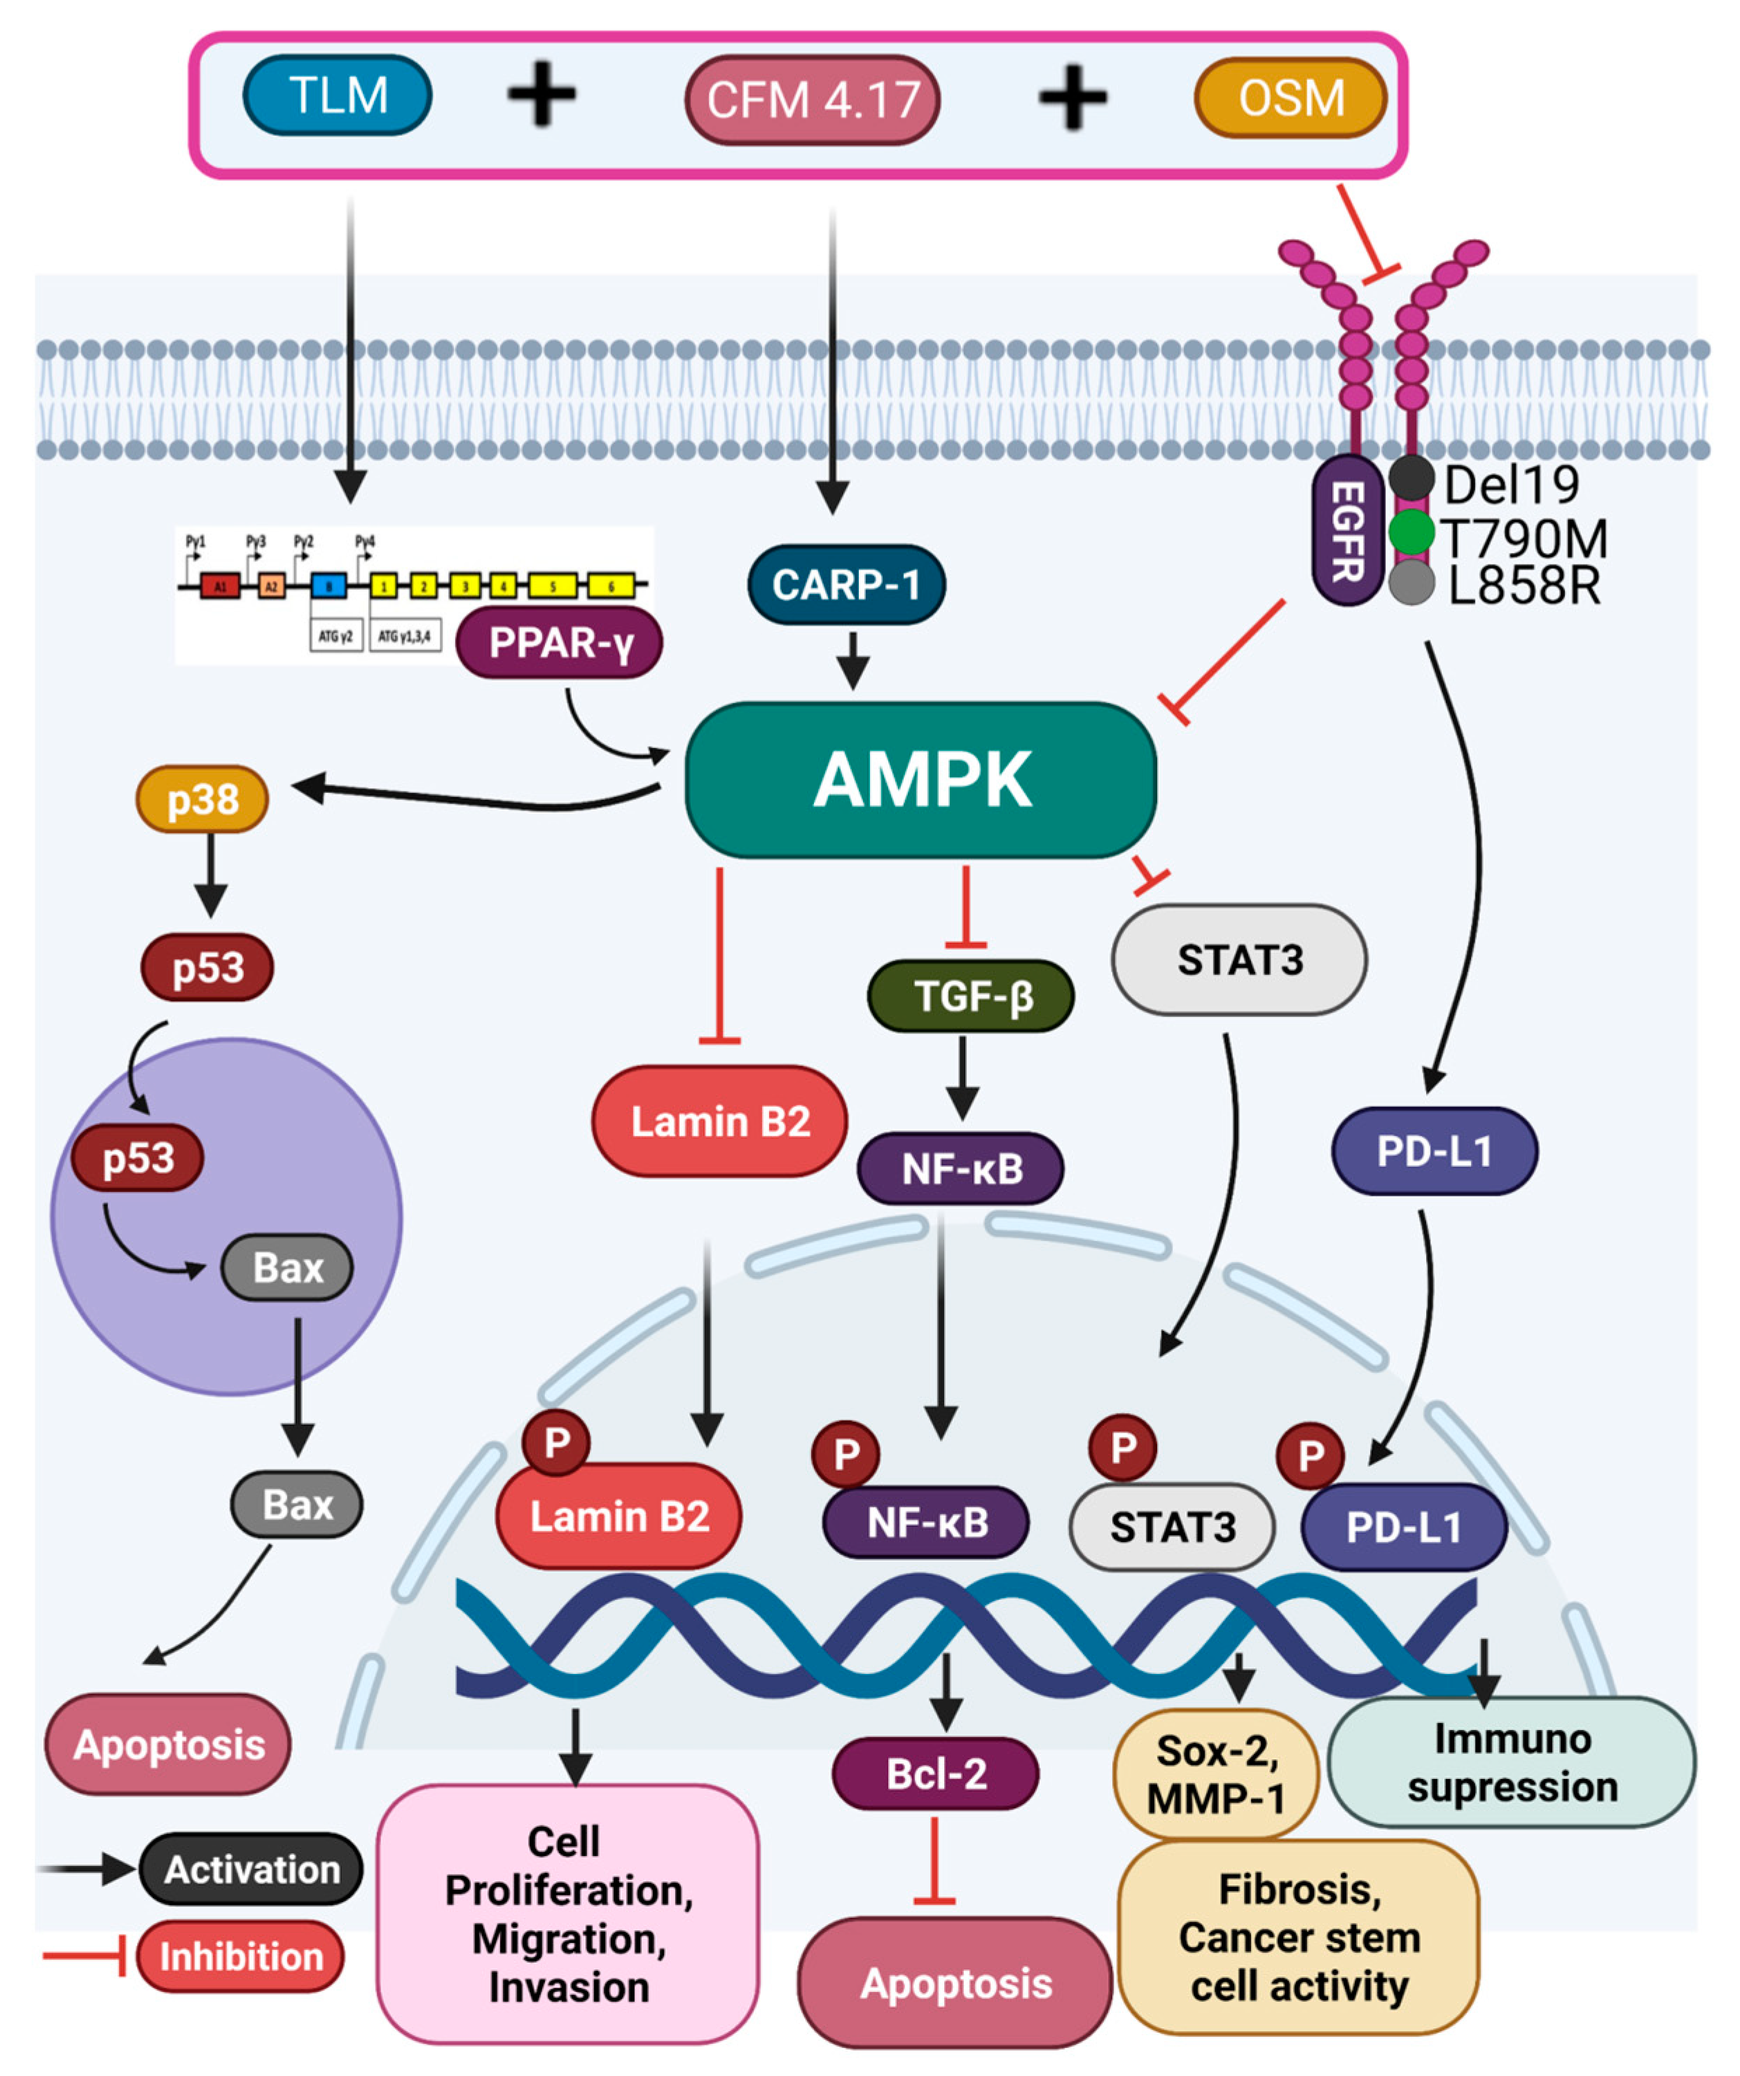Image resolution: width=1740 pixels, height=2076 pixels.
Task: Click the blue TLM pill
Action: [337, 96]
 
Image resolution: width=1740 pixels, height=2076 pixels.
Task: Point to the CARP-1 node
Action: [845, 584]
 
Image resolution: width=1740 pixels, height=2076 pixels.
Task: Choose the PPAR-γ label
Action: [560, 644]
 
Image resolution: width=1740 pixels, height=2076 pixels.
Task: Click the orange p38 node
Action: [202, 798]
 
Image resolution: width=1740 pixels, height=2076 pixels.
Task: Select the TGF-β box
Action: [971, 995]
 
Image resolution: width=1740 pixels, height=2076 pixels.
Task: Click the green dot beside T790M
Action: [1411, 532]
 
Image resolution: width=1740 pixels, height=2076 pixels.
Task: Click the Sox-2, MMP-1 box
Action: [1216, 1775]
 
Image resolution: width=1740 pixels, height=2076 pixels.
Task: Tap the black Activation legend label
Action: [251, 1869]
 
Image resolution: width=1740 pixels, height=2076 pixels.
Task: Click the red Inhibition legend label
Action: [240, 1956]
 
